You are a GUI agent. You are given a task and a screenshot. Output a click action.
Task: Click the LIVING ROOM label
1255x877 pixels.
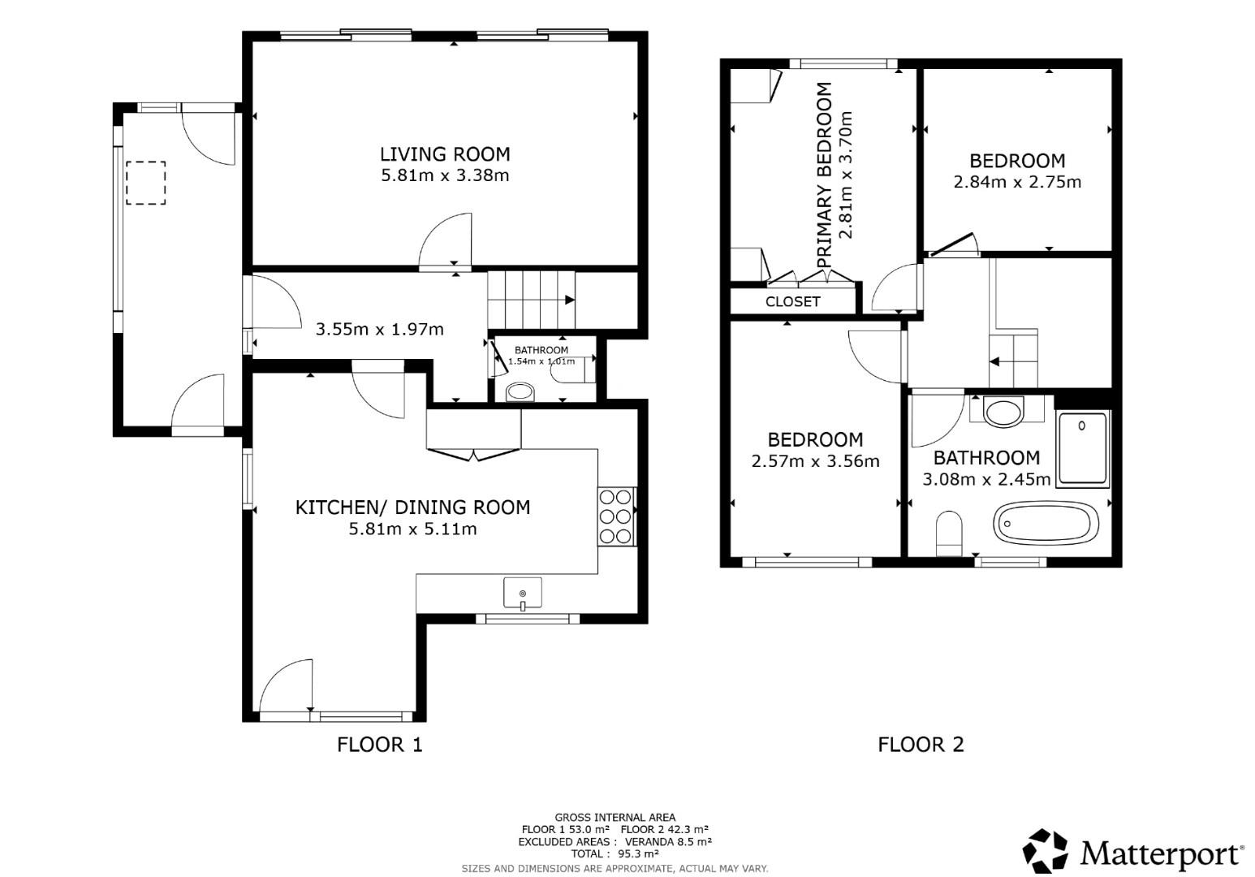coord(445,154)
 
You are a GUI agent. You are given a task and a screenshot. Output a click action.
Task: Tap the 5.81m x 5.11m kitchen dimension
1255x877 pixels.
coord(412,529)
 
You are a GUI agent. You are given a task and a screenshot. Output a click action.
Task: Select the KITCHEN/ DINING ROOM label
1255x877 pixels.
coord(412,508)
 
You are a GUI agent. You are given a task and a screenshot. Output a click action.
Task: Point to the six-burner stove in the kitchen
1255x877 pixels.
coord(616,516)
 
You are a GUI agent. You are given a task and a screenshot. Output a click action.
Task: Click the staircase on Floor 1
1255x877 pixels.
coord(531,299)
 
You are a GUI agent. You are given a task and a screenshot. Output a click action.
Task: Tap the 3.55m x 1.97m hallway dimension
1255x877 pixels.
coord(379,329)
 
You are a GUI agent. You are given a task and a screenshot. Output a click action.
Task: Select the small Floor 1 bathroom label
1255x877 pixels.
coord(541,350)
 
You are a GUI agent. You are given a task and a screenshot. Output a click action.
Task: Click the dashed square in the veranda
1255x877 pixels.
coord(145,183)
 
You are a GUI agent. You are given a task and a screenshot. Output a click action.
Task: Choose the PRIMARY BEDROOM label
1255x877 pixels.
coord(825,175)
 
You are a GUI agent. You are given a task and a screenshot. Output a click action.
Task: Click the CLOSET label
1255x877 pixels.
coord(792,302)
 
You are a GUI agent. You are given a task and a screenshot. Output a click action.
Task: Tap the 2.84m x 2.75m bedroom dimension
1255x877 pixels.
coord(1017,182)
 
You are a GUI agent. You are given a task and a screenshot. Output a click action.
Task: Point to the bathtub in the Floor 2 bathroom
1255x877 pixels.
coord(1046,522)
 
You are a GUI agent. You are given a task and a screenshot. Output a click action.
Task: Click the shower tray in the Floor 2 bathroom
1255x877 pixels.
coord(1082,449)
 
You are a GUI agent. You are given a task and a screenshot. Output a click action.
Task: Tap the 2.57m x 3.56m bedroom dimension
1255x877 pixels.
coord(815,461)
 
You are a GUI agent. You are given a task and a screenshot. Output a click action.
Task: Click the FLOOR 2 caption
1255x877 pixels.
coord(921,744)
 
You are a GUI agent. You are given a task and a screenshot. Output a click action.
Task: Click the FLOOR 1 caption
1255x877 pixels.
coord(380,744)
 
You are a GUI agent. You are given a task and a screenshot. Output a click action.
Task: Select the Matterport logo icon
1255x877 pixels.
coord(1046,852)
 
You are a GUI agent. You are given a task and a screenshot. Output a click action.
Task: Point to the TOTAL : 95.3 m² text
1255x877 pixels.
coord(615,853)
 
